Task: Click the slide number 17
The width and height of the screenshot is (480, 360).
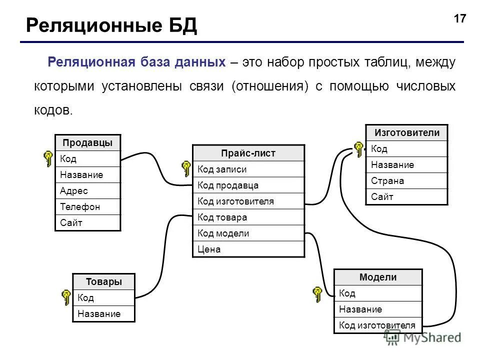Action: click(459, 19)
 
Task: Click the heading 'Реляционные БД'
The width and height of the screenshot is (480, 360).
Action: click(111, 25)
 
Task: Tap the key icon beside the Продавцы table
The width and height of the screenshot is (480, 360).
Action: click(48, 158)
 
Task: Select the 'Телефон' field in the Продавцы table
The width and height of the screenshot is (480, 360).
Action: click(87, 206)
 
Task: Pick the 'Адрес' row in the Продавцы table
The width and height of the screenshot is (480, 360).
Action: click(87, 190)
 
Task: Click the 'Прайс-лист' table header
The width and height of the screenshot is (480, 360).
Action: click(248, 153)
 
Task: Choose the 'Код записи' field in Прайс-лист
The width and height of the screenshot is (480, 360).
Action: click(248, 169)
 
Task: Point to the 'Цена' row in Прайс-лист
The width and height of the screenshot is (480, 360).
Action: click(248, 249)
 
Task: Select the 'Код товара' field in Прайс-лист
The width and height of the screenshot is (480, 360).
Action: click(248, 217)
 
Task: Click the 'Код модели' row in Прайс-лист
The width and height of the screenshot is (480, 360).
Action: click(248, 233)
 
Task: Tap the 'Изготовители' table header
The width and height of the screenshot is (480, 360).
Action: click(406, 132)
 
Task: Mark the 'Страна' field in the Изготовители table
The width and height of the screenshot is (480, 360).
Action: click(406, 180)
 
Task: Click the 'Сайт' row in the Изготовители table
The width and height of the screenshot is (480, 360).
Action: click(406, 196)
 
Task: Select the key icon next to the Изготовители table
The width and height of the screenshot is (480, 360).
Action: click(358, 149)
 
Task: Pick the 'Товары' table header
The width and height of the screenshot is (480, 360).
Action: click(103, 281)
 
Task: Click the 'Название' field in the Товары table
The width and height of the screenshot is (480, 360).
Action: click(103, 314)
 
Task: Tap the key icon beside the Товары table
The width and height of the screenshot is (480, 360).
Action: click(66, 297)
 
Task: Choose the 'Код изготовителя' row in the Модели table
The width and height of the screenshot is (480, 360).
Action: click(377, 325)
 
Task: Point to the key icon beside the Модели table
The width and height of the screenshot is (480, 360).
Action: click(317, 294)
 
